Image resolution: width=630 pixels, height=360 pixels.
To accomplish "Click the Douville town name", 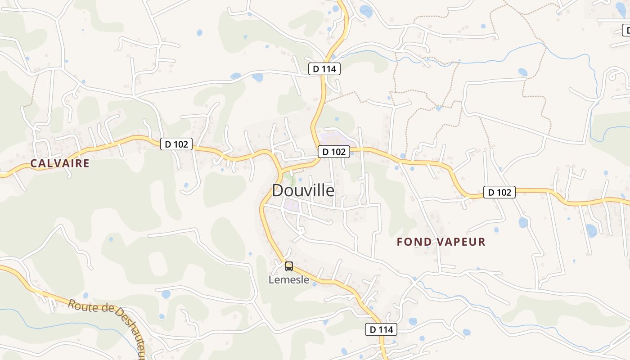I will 303,190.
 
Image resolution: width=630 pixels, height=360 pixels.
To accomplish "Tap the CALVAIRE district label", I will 60,163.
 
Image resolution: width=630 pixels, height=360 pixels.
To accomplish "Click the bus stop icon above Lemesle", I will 289,266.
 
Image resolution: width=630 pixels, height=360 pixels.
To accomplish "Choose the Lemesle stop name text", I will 289,280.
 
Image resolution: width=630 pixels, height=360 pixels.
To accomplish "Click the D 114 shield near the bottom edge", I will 381,329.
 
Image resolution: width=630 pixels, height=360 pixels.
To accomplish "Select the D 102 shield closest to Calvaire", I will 176,144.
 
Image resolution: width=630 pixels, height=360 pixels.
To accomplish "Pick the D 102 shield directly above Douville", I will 334,152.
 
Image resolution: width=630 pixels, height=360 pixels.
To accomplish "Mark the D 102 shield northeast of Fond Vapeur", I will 499,192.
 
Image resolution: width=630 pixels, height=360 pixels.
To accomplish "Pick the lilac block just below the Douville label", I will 292,206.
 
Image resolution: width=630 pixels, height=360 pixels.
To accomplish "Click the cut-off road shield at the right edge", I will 626,31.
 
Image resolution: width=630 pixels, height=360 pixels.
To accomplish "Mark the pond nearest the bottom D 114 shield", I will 413,321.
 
